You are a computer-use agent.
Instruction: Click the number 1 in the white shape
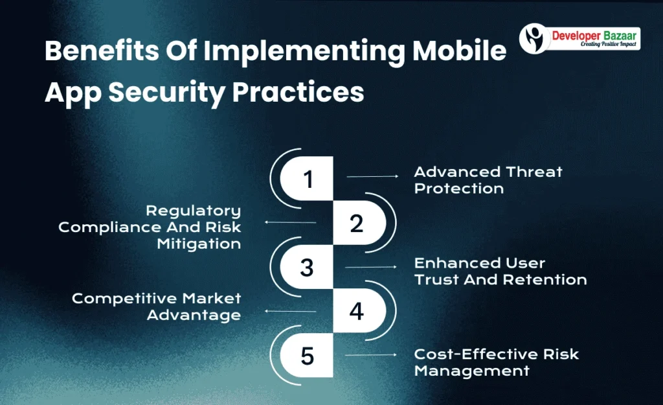pyautogui.click(x=308, y=179)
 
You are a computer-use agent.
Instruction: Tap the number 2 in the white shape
pyautogui.click(x=356, y=224)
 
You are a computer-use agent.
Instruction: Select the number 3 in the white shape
pyautogui.click(x=308, y=267)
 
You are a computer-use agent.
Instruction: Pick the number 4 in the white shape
pyautogui.click(x=356, y=312)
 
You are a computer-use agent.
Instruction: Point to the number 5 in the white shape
pyautogui.click(x=308, y=356)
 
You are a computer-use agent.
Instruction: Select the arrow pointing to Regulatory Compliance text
pyautogui.click(x=290, y=222)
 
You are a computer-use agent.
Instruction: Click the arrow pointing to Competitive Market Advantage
pyautogui.click(x=290, y=312)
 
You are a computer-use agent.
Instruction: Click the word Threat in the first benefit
pyautogui.click(x=531, y=172)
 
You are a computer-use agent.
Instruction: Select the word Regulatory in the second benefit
pyautogui.click(x=193, y=211)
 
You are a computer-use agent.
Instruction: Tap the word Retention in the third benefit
pyautogui.click(x=550, y=280)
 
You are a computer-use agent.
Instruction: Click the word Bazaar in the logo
pyautogui.click(x=616, y=36)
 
